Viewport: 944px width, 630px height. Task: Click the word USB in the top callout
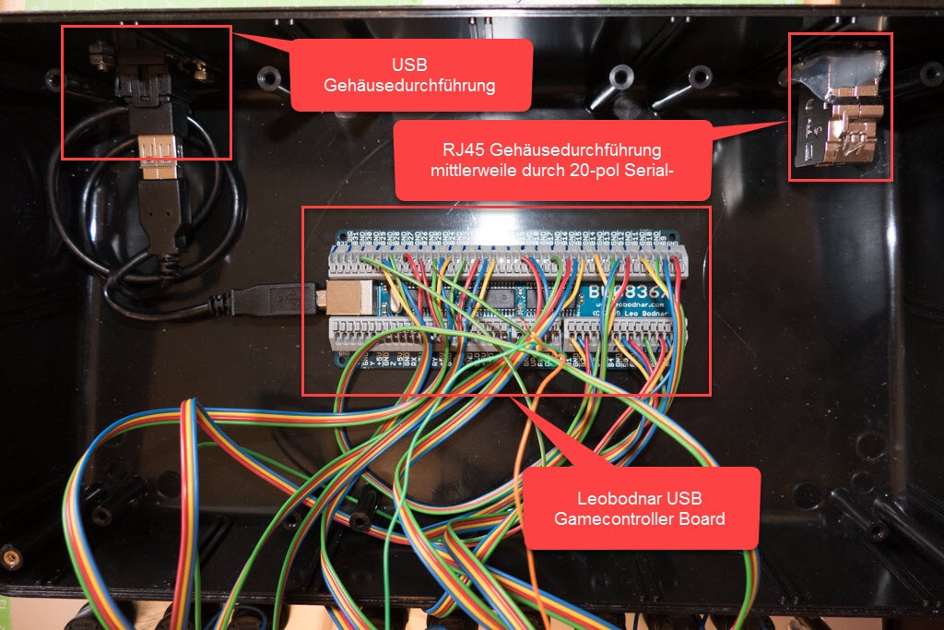tap(410, 65)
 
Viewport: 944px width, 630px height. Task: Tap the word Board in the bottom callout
tap(701, 518)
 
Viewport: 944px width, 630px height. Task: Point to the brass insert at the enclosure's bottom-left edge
tap(12, 557)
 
